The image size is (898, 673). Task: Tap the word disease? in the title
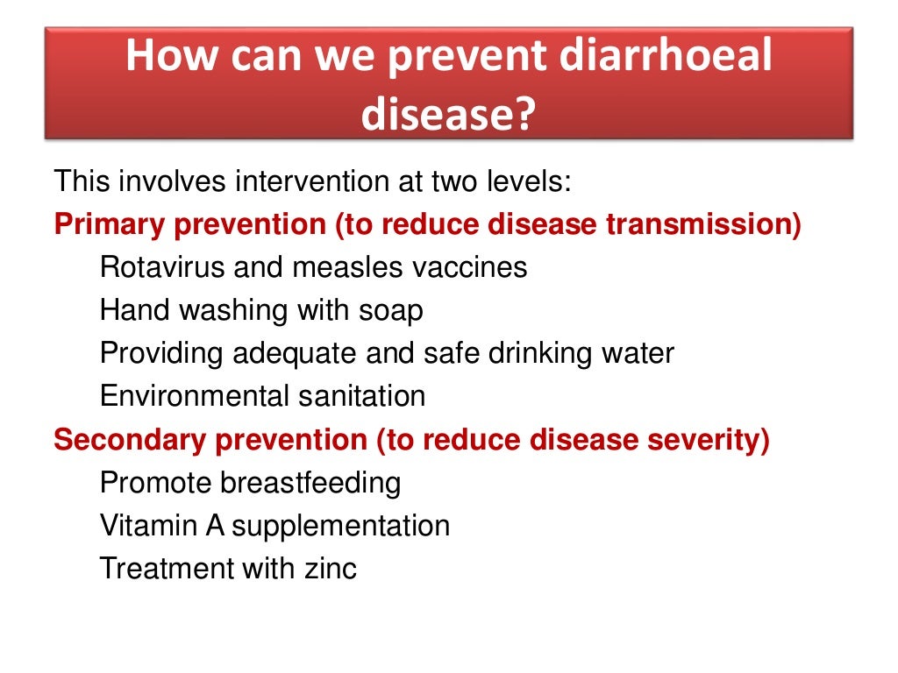click(x=448, y=114)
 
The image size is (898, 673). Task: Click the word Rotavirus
click(x=163, y=266)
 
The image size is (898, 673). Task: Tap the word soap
click(x=390, y=310)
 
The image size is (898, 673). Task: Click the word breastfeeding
click(x=310, y=483)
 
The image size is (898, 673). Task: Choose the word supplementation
click(x=341, y=527)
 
